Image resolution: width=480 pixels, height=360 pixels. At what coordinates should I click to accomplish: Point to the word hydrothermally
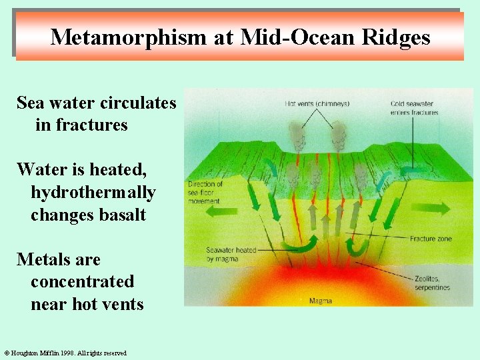pos(93,192)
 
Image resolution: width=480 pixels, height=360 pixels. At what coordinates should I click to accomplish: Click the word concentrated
pos(82,282)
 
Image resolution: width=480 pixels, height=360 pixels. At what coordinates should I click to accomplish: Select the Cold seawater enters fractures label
pos(415,108)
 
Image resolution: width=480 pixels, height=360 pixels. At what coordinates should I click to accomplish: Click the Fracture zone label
pos(431,239)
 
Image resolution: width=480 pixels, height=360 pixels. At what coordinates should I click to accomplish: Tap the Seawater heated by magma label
pos(231,254)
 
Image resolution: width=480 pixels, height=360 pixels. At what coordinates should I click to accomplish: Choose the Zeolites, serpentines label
pos(431,283)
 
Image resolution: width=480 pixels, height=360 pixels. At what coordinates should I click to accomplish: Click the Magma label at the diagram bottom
pos(321,301)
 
